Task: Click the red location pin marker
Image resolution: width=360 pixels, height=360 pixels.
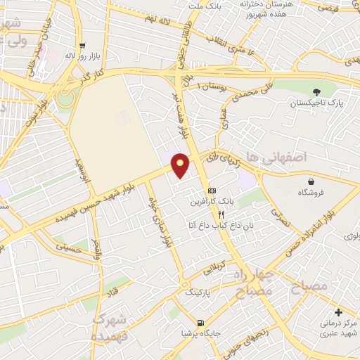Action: [x=181, y=165]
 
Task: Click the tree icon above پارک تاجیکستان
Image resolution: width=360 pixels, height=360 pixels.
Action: [x=316, y=91]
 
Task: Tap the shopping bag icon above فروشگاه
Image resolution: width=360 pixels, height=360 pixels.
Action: [x=310, y=182]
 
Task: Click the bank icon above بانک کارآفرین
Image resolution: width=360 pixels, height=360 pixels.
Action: [x=212, y=191]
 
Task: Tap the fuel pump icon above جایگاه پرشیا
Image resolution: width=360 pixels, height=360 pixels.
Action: [x=202, y=323]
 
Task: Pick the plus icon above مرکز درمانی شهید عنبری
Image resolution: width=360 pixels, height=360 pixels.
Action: [x=338, y=312]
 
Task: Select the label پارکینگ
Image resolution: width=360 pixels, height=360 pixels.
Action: [x=199, y=291]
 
